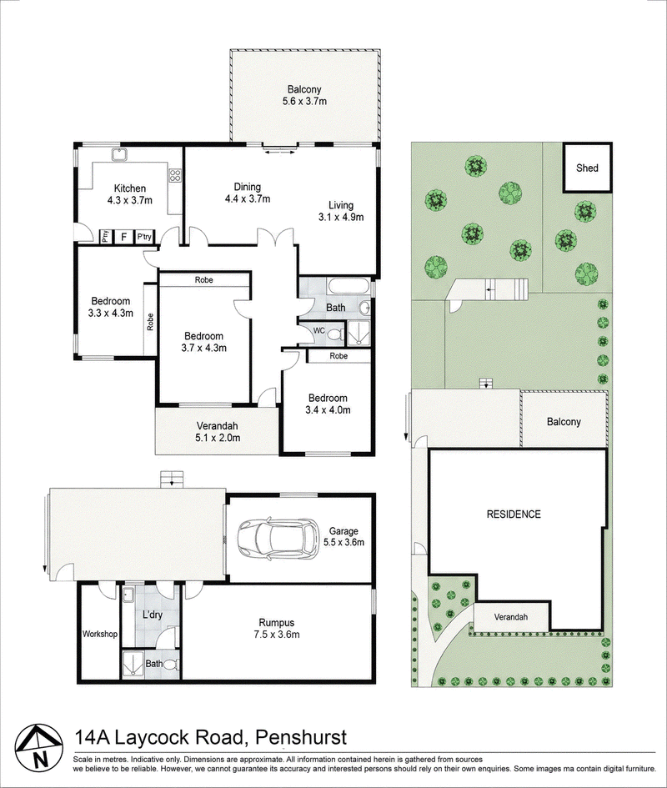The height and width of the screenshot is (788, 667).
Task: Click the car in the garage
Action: pyautogui.click(x=277, y=540)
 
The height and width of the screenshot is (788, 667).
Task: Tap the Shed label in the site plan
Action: pyautogui.click(x=587, y=168)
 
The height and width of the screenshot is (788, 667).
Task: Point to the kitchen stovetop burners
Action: pyautogui.click(x=175, y=175)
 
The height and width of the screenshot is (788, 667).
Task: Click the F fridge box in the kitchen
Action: pyautogui.click(x=123, y=237)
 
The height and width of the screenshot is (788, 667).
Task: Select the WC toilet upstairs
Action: pyautogui.click(x=337, y=333)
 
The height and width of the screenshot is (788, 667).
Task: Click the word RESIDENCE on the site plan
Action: pyautogui.click(x=514, y=514)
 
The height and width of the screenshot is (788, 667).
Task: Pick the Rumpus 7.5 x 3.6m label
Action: pyautogui.click(x=277, y=628)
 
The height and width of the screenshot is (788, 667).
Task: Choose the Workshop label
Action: pyautogui.click(x=100, y=635)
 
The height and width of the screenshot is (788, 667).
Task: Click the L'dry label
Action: pyautogui.click(x=152, y=615)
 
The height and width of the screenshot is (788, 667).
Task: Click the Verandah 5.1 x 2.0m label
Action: pyautogui.click(x=217, y=432)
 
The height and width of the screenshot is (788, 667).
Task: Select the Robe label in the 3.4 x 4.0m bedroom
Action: pyautogui.click(x=339, y=356)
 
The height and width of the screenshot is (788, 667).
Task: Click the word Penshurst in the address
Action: pyautogui.click(x=301, y=737)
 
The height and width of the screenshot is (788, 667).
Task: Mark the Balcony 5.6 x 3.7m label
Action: pyautogui.click(x=304, y=95)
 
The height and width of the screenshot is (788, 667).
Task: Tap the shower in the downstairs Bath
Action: pyautogui.click(x=133, y=665)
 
